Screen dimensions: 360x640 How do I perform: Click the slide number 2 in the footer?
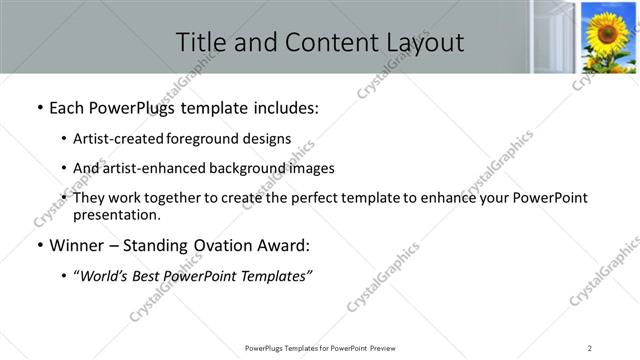[590, 348]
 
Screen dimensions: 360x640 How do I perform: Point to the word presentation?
[117, 215]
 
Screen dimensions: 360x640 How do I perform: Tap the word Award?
[284, 246]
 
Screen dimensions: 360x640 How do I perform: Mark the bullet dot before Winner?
[38, 246]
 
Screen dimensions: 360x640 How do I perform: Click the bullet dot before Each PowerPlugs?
[38, 106]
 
